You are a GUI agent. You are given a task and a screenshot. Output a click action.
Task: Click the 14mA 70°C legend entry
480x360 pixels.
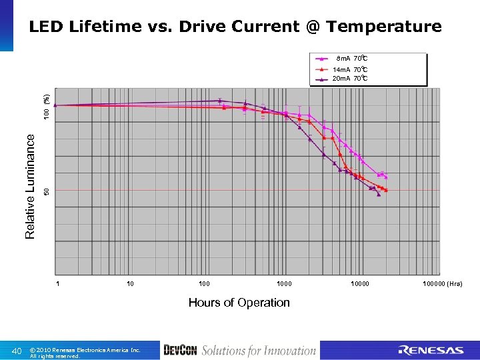pyautogui.click(x=351, y=69)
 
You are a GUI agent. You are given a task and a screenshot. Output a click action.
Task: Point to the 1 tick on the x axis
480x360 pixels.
pyautogui.click(x=58, y=284)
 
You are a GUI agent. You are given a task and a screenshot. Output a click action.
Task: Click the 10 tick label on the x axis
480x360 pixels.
pyautogui.click(x=130, y=284)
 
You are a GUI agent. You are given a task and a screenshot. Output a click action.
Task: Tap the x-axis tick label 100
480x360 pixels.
pyautogui.click(x=204, y=284)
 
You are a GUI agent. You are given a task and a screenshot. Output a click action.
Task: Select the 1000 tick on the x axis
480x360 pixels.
pyautogui.click(x=285, y=284)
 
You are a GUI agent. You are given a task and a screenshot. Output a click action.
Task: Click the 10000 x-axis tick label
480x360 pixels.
pyautogui.click(x=361, y=284)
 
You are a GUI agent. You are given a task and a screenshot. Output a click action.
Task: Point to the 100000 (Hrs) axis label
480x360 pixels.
pyautogui.click(x=441, y=284)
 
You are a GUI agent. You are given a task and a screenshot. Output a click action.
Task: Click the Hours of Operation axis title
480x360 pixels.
pyautogui.click(x=239, y=303)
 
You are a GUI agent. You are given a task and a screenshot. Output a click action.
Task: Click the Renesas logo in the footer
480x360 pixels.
pyautogui.click(x=431, y=351)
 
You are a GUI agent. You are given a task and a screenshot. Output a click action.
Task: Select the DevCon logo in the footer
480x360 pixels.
pyautogui.click(x=179, y=351)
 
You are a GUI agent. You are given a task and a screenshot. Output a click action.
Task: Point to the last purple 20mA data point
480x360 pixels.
pyautogui.click(x=379, y=195)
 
